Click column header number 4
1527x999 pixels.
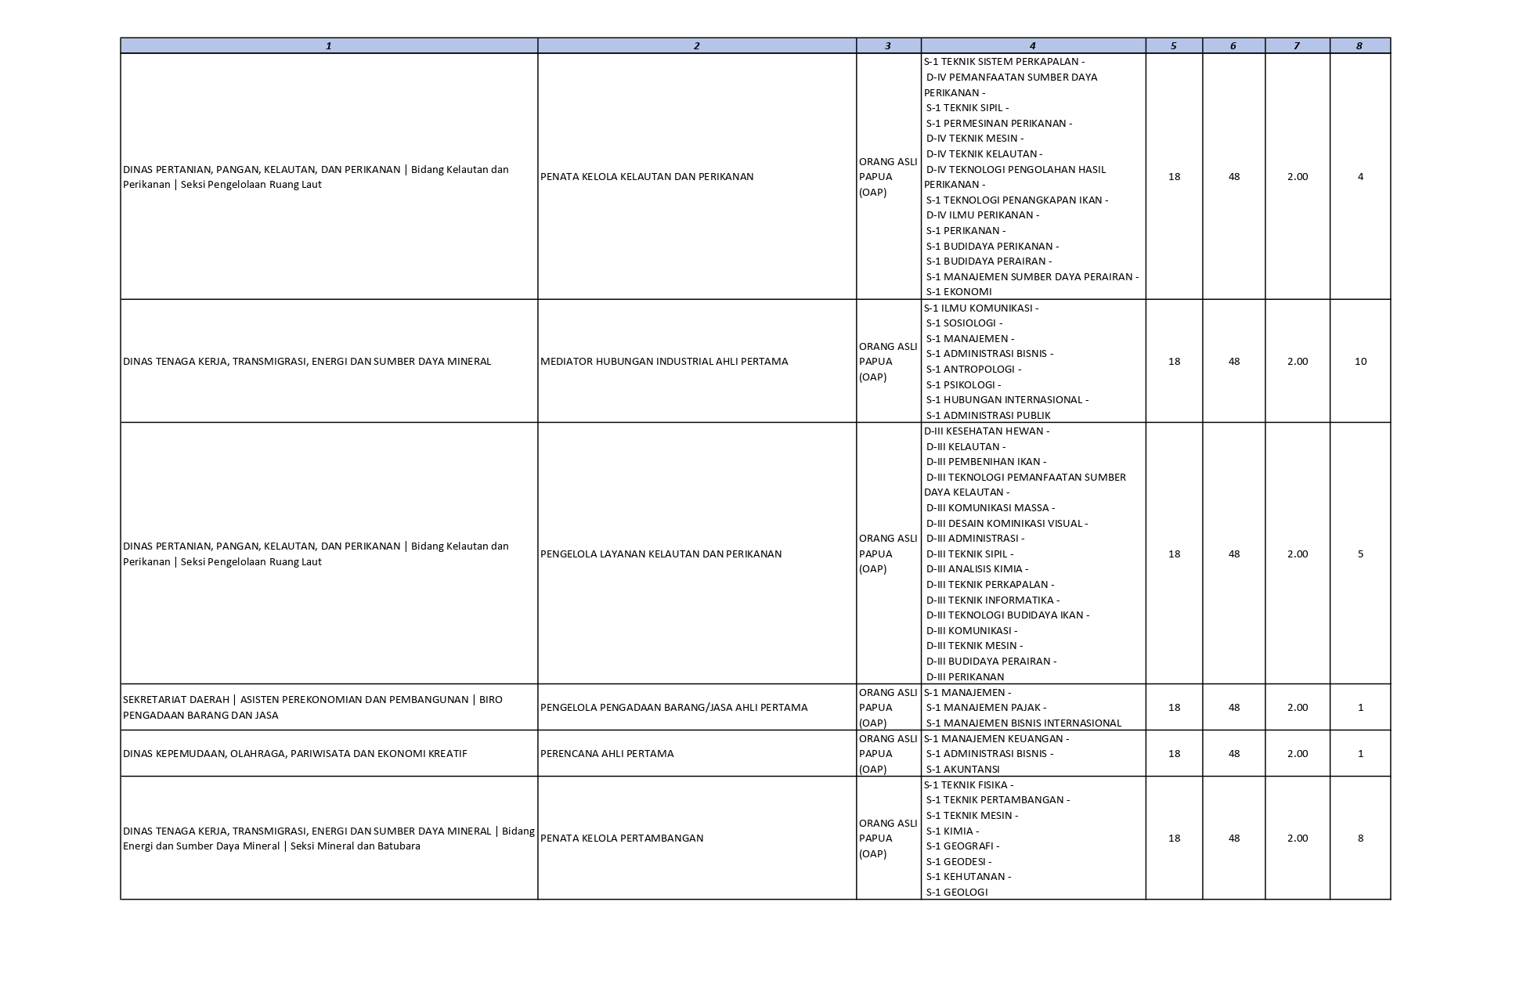click(1032, 46)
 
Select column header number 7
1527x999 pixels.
click(1297, 46)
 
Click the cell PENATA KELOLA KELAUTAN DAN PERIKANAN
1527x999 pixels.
click(647, 177)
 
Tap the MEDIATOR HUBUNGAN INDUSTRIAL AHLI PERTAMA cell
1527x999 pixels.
click(664, 362)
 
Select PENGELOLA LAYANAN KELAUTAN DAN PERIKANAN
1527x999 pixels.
click(661, 554)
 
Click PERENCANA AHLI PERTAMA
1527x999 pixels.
click(607, 754)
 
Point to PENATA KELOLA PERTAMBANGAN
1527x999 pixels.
click(622, 839)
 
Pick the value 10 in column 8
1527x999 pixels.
click(1360, 362)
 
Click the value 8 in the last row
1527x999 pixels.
click(1360, 839)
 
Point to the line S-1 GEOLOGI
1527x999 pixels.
click(957, 893)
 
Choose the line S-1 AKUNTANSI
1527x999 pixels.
click(962, 770)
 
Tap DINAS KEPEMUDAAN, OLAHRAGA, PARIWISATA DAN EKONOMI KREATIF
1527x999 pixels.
click(295, 754)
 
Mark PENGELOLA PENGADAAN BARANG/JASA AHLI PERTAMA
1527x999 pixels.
click(673, 708)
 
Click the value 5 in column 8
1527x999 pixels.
click(1360, 554)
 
